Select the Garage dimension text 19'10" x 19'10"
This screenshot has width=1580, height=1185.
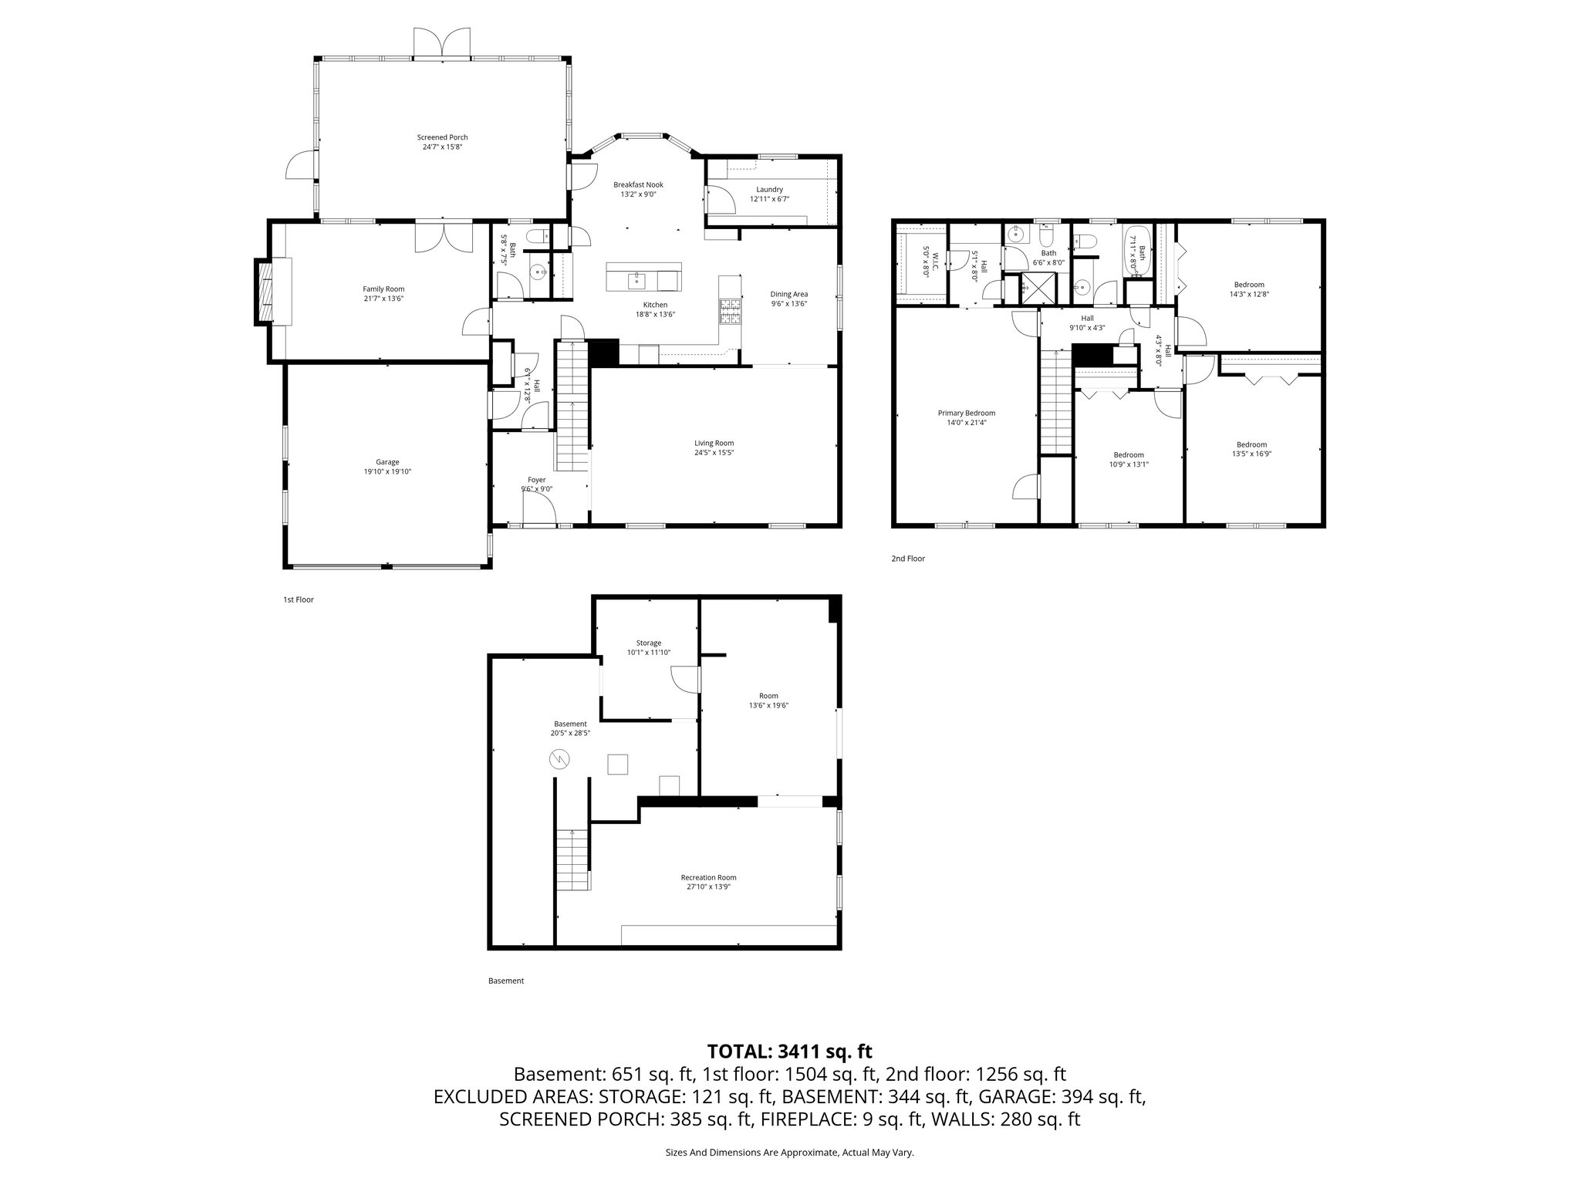[x=387, y=471]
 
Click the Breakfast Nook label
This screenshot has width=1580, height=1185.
[x=638, y=184]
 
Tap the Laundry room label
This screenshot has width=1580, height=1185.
[x=769, y=189]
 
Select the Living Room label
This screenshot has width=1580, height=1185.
[x=714, y=443]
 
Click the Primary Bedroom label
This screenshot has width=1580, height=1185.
[x=966, y=413]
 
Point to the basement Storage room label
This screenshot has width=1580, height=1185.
[x=648, y=643]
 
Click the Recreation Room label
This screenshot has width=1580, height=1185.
[x=708, y=877]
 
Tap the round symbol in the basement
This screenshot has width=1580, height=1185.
[x=558, y=760]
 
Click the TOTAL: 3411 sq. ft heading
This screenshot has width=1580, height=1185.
[x=789, y=1051]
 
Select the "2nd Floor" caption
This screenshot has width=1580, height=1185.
[x=907, y=559]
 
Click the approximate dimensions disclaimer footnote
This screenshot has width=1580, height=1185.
[x=789, y=1153]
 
